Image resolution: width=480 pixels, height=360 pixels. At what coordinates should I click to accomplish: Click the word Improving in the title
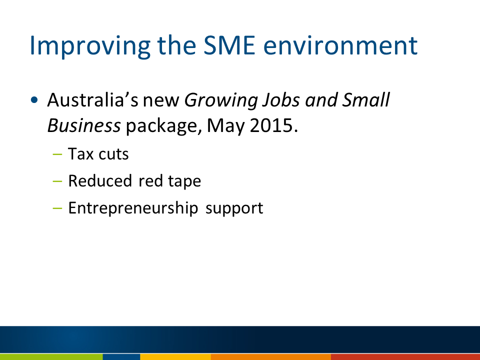click(x=90, y=46)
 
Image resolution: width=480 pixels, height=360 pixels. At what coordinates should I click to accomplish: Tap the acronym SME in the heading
click(x=229, y=45)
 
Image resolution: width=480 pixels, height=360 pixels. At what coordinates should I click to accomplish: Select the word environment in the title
click(x=340, y=46)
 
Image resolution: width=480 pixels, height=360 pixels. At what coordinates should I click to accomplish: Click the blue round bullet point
click(x=34, y=100)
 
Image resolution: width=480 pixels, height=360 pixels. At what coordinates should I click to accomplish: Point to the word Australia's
click(x=93, y=100)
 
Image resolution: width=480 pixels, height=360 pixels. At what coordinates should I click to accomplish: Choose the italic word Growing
click(x=220, y=101)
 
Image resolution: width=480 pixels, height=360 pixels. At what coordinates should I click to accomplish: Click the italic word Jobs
click(x=280, y=101)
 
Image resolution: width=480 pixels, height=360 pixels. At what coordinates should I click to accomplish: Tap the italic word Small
click(x=365, y=100)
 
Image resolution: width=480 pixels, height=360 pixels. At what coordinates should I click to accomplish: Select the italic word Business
click(x=84, y=125)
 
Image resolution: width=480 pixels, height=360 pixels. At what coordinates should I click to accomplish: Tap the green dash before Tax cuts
click(x=57, y=154)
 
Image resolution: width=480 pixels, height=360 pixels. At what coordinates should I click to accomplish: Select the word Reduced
click(x=100, y=180)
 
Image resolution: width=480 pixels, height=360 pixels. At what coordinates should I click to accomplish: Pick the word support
click(x=234, y=209)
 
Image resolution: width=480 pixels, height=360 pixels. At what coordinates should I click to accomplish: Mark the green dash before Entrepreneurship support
click(x=57, y=208)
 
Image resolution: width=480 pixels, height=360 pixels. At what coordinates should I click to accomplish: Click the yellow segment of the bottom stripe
click(x=175, y=357)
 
